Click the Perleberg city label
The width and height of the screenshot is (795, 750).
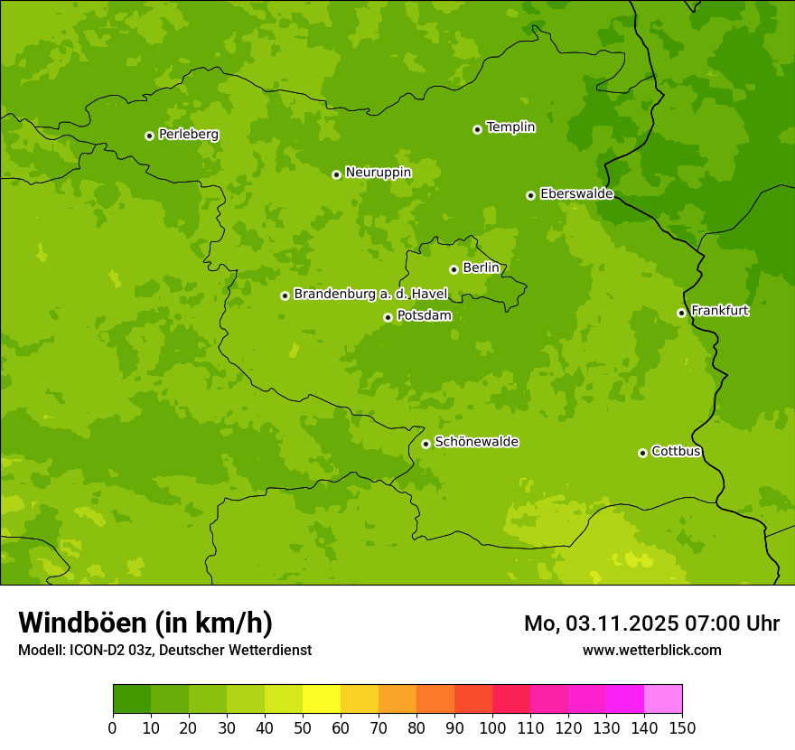[x=188, y=135]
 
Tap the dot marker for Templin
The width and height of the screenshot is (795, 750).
[x=477, y=129]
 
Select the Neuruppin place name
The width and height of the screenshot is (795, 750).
[x=378, y=173]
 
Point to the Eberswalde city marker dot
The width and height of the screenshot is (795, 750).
[x=530, y=195]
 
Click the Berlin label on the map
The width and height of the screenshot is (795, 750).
[x=481, y=268]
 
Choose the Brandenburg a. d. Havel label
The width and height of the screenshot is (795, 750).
[x=370, y=295]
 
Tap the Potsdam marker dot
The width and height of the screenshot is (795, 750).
[x=388, y=317]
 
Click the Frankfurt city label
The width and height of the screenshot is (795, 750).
[x=719, y=311]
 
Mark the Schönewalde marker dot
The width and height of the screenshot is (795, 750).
[x=426, y=444]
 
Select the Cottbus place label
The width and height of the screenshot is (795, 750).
[x=676, y=452]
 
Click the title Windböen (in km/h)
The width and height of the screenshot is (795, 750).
[x=145, y=623]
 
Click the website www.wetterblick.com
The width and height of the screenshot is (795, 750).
[x=651, y=650]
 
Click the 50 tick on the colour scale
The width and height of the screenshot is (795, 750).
[x=303, y=727]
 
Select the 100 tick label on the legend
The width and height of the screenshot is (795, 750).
[x=492, y=727]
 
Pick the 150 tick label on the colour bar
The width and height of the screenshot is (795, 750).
[x=682, y=727]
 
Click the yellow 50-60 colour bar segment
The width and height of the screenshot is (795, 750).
[x=322, y=699]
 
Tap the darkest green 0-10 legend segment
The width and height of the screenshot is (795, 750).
[x=132, y=699]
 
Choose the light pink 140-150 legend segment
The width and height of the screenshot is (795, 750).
[x=663, y=699]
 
